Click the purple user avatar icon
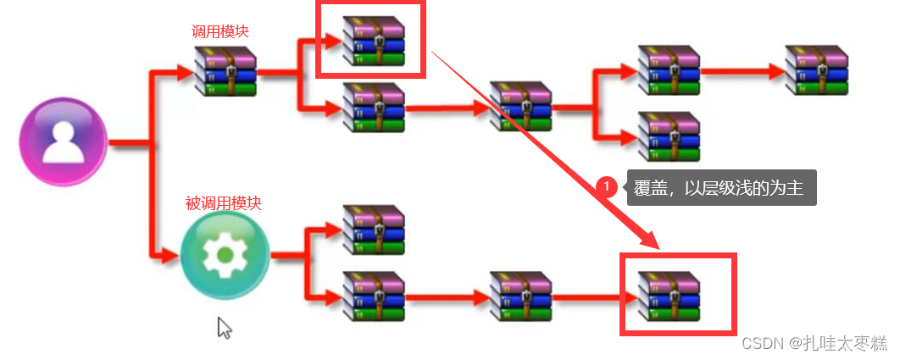64,141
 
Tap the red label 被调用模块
224,204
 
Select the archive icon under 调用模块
225,71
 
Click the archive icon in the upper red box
372,41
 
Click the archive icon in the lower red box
669,295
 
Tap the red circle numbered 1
606,186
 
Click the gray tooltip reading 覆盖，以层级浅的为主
721,186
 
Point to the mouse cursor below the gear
224,327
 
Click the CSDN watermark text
761,342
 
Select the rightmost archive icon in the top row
816,70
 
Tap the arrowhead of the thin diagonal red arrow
652,241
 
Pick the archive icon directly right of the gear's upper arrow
373,229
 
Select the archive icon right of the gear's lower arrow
373,296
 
